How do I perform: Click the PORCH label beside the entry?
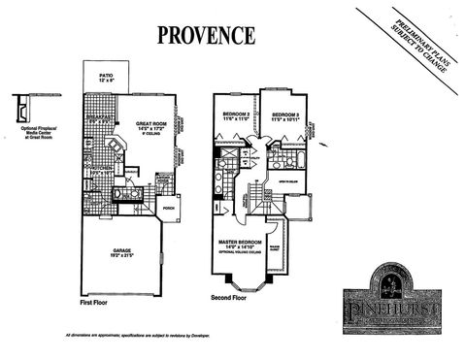point(167,207)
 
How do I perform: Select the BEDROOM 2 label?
point(236,115)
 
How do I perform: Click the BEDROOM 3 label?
point(284,115)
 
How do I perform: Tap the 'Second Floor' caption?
point(230,298)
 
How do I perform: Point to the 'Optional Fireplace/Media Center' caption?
point(36,136)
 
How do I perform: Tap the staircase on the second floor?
point(260,197)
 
